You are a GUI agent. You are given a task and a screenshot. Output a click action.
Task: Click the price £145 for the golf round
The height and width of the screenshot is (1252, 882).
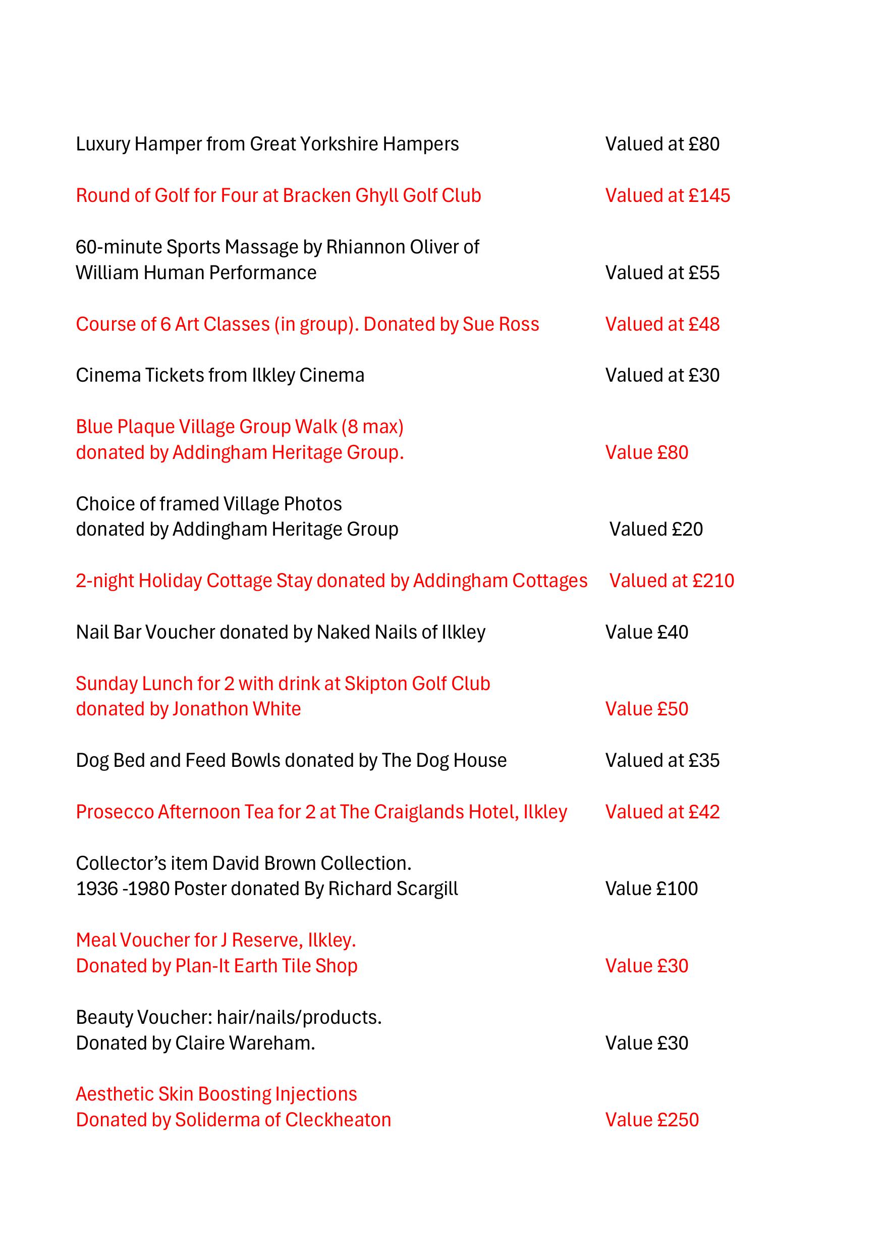click(x=709, y=196)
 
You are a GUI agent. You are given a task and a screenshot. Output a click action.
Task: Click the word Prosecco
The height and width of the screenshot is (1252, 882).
click(x=115, y=812)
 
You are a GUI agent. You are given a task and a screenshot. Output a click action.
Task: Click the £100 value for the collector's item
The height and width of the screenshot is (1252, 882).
click(x=677, y=889)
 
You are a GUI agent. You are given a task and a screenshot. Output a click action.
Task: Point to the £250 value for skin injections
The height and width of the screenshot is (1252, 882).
click(x=677, y=1120)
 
